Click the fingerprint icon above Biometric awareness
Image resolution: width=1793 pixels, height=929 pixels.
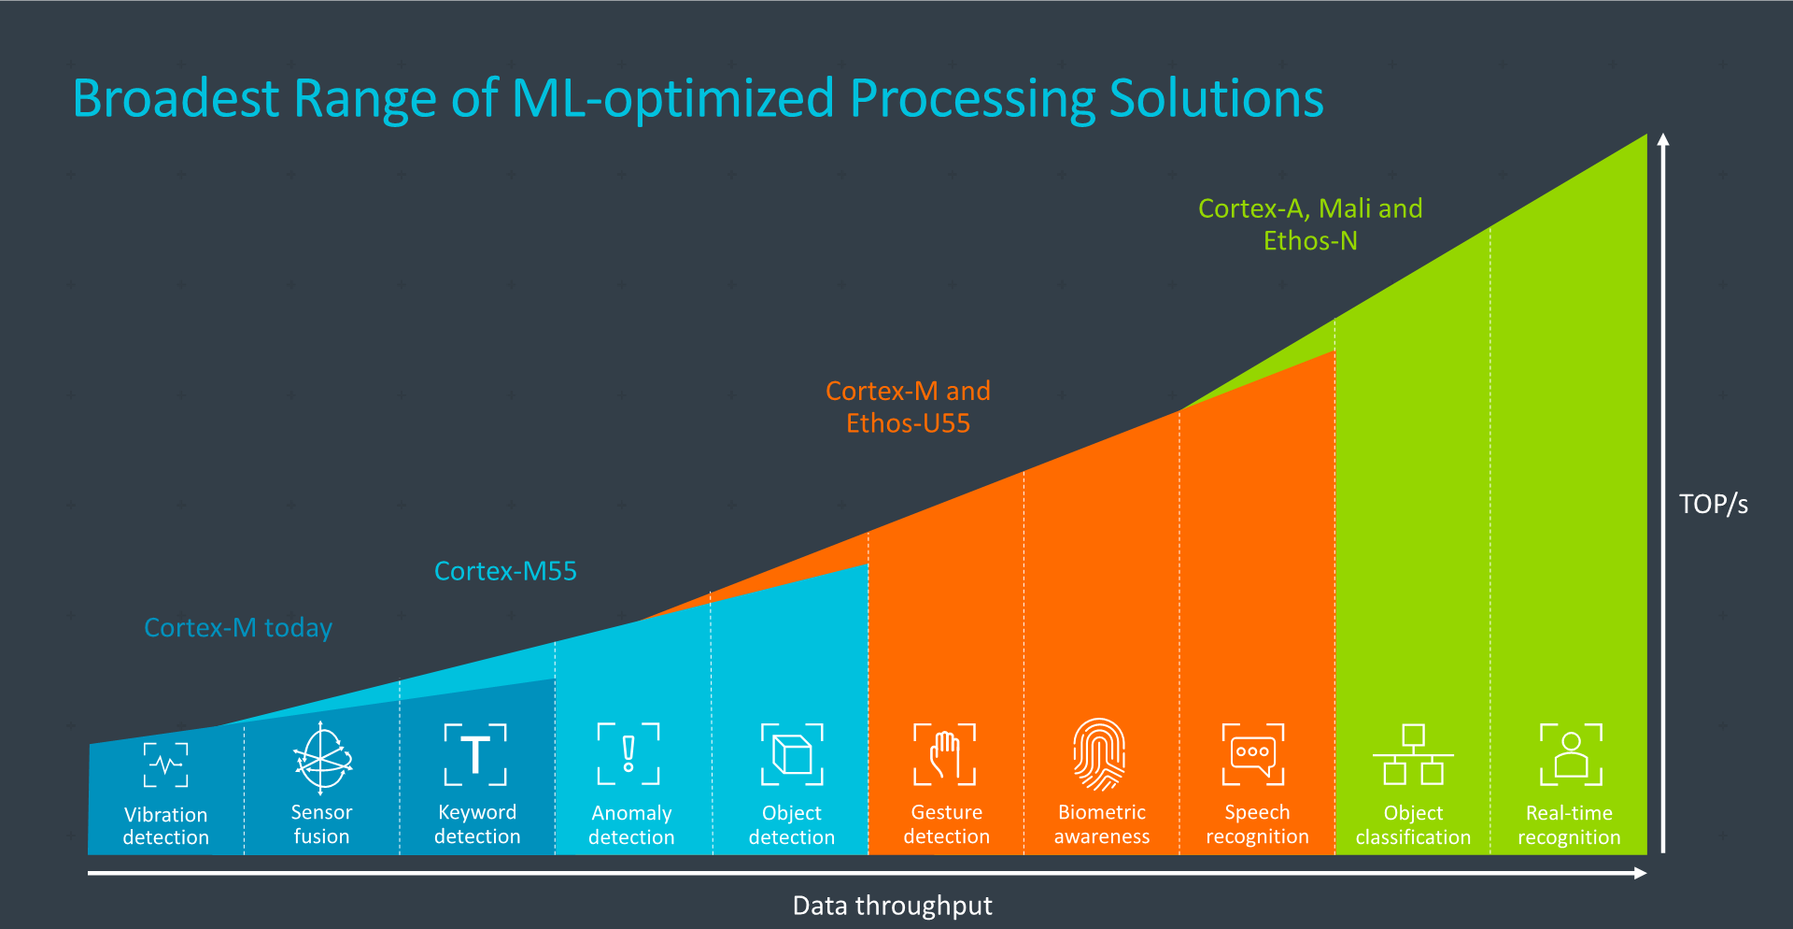coord(1100,754)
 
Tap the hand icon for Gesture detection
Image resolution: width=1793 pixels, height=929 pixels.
coord(945,754)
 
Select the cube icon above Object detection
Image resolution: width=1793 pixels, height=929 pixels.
coord(792,754)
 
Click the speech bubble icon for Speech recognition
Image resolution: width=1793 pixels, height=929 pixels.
coord(1253,754)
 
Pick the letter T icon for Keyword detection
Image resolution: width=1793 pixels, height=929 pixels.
coord(475,754)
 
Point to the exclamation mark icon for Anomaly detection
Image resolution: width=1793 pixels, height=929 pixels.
coord(628,753)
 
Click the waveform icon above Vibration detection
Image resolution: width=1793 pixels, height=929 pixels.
coord(166,765)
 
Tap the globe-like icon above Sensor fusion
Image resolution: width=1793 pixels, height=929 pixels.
coord(322,758)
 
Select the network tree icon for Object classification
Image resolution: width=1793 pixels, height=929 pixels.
coord(1413,754)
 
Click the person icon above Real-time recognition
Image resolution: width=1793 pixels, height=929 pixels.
coord(1571,754)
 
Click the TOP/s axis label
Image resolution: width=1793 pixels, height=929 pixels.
coord(1713,505)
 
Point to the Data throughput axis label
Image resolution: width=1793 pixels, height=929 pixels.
coord(892,906)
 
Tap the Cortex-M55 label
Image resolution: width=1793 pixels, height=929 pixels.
coord(505,571)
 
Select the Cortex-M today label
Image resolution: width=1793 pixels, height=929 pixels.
coord(238,628)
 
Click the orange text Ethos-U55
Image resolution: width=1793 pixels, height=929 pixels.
coord(908,423)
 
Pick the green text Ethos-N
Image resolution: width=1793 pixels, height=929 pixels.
coord(1310,241)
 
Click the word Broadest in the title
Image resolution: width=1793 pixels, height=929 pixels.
coord(176,98)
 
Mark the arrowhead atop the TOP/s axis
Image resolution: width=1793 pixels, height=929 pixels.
coord(1663,140)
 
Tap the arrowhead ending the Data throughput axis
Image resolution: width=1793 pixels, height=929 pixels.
coord(1640,873)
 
